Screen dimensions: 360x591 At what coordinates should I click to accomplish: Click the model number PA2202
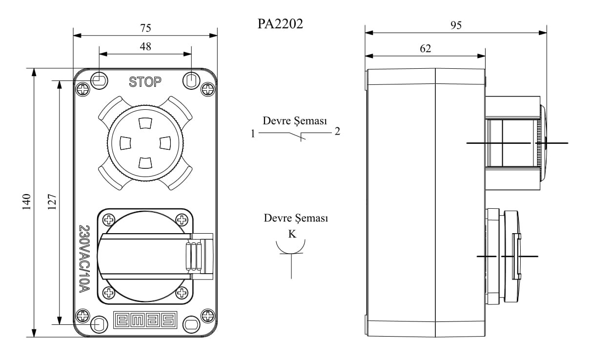280,24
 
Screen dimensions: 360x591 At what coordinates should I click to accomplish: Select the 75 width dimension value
145,28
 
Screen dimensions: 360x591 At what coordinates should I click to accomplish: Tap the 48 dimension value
145,46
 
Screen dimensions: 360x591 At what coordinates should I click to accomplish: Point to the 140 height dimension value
26,202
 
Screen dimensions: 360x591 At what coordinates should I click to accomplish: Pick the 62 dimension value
425,48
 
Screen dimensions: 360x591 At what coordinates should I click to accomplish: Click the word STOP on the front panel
145,82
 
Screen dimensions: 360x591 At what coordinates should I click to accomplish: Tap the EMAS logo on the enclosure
144,320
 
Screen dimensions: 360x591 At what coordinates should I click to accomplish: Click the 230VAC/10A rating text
84,259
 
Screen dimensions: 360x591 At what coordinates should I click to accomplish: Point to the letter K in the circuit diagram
292,234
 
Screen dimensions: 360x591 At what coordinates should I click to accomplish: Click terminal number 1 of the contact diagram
253,133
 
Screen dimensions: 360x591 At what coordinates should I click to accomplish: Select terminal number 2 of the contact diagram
337,132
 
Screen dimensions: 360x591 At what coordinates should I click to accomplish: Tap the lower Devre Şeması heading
296,218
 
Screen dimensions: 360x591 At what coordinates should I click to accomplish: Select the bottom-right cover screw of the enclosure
208,315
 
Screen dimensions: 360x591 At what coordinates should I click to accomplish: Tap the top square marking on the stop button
145,123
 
